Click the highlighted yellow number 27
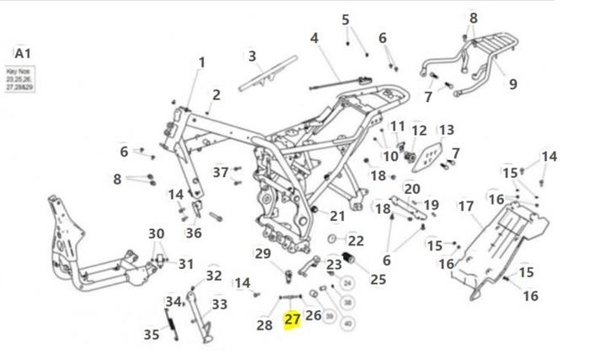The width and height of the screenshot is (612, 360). pos(293,320)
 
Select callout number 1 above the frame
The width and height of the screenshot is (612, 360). pos(201,62)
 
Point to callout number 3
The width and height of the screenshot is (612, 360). pos(251,56)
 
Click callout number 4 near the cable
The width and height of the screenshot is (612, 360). pos(314,39)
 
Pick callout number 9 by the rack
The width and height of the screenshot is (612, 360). pos(513,83)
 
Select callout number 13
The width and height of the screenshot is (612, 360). pos(446,130)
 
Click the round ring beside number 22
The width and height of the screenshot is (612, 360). pos(332,240)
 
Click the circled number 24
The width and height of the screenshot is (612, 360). pos(347,283)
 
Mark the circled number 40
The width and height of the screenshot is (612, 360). pos(348,322)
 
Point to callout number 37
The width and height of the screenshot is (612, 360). pos(220,172)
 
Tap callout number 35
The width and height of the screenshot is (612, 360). pos(151,335)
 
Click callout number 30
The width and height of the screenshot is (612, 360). pos(156,234)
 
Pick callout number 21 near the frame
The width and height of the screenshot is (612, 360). pos(337,216)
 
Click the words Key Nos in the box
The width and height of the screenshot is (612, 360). pos(18,73)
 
